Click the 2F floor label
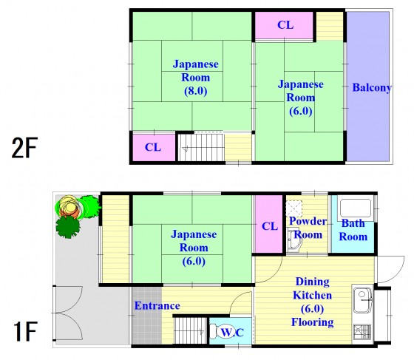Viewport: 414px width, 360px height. (24, 148)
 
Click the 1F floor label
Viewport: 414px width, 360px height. (25, 331)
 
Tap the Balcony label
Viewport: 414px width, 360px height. (372, 88)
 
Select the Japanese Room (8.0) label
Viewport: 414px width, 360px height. (195, 78)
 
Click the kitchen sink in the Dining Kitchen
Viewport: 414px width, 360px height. (363, 300)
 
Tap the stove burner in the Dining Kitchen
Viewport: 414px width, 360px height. (363, 332)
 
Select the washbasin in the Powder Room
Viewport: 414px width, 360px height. (293, 241)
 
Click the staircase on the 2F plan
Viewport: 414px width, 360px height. (201, 147)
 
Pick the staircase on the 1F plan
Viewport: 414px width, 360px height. (190, 330)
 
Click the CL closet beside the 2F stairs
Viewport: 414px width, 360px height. (154, 147)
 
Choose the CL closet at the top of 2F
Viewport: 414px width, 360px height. (284, 25)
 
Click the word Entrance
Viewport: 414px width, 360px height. (157, 305)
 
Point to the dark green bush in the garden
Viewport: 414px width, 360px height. (67, 226)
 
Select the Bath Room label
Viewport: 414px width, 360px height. (353, 230)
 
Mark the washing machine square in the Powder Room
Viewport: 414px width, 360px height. (294, 208)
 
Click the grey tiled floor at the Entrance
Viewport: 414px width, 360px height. (147, 316)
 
